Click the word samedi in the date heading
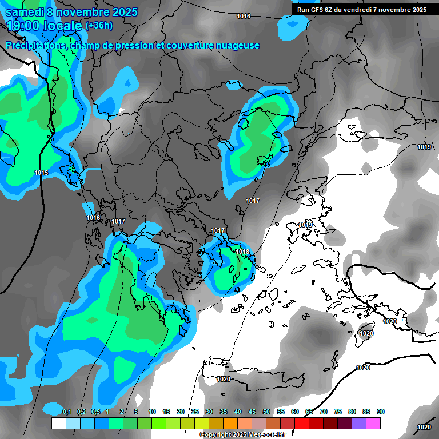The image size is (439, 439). click(x=24, y=12)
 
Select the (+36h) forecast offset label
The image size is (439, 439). click(x=99, y=26)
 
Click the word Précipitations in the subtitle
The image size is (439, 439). click(x=37, y=45)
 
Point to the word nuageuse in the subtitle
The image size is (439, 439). click(x=237, y=45)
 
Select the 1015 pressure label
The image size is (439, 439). click(x=41, y=173)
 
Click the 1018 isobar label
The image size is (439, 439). click(x=242, y=252)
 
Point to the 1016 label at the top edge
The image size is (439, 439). click(x=244, y=16)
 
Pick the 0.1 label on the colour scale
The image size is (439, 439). click(x=67, y=412)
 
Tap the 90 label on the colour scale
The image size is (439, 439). click(x=381, y=412)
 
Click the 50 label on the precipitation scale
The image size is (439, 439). click(x=266, y=412)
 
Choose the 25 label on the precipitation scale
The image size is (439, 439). click(x=195, y=412)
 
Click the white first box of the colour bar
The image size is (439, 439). click(x=58, y=423)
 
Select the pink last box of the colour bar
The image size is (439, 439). click(x=373, y=423)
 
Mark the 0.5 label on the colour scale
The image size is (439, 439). click(x=95, y=412)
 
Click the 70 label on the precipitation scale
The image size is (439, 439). click(x=324, y=412)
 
